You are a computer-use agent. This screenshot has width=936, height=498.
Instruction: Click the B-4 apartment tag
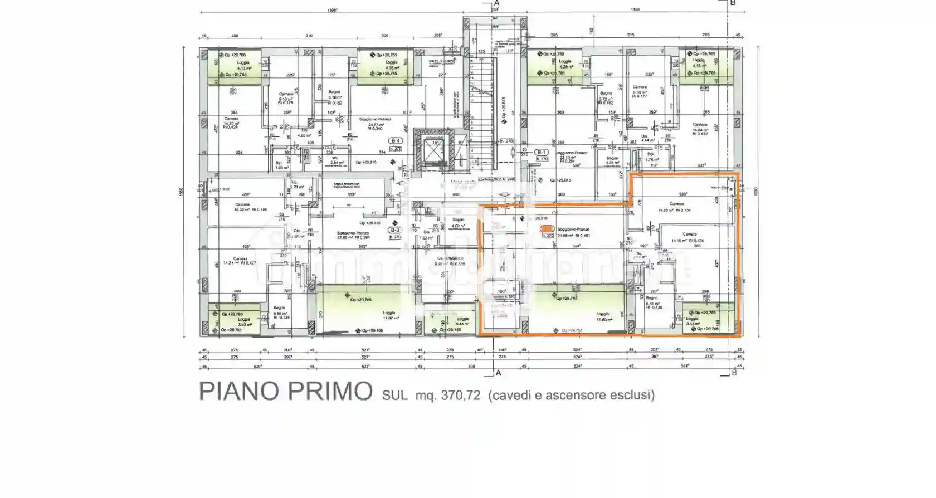[396, 141]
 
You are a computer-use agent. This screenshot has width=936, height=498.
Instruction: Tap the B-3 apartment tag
[395, 230]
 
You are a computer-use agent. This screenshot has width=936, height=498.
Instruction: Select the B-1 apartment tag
[542, 152]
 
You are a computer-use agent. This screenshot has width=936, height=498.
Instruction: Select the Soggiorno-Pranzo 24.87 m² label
[374, 122]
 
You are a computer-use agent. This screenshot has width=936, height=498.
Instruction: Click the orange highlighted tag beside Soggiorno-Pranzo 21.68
[547, 229]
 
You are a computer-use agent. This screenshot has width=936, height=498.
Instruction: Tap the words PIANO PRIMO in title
[285, 392]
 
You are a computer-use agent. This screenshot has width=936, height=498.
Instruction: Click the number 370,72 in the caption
[460, 396]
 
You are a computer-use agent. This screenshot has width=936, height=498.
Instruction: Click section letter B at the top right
[733, 3]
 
